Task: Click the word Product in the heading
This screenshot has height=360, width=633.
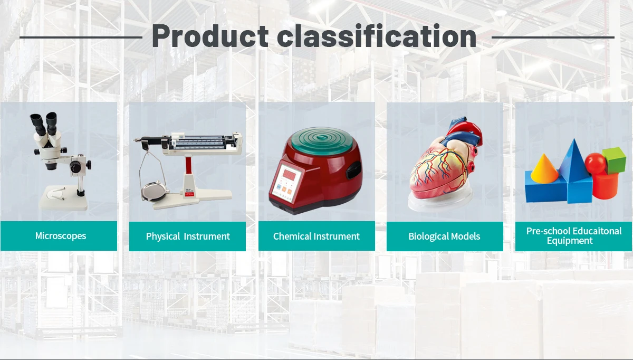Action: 210,37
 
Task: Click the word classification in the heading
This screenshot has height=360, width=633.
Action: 377,37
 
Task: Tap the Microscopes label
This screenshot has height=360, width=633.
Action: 61,236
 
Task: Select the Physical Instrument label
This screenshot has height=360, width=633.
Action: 188,236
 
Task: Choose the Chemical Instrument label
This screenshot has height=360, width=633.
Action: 316,236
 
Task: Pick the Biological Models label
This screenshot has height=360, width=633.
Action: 444,236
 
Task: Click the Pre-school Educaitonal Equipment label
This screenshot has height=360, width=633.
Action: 574,236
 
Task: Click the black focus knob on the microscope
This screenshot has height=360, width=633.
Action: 77,167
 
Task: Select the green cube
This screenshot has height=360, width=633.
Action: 614,160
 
